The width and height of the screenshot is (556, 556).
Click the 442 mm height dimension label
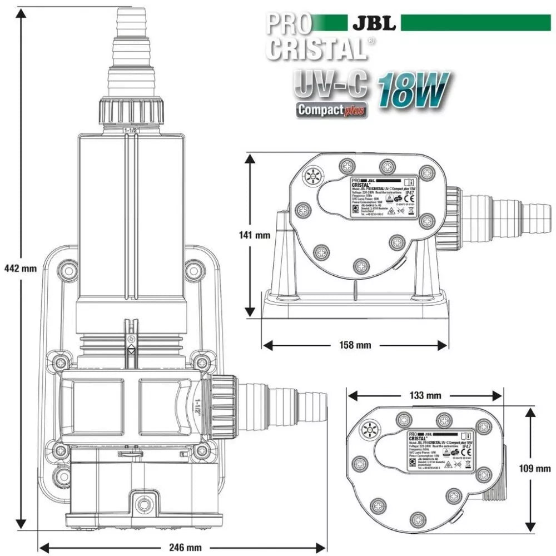tap(19, 268)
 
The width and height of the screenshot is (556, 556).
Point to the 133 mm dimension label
tap(426, 395)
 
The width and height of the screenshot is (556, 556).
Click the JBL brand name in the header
tap(374, 23)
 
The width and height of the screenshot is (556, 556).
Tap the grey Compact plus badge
tap(332, 109)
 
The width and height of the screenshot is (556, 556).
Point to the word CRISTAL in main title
tap(315, 48)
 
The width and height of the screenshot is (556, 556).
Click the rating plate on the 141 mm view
tap(383, 197)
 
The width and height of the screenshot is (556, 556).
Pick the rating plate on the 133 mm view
tap(440, 451)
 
